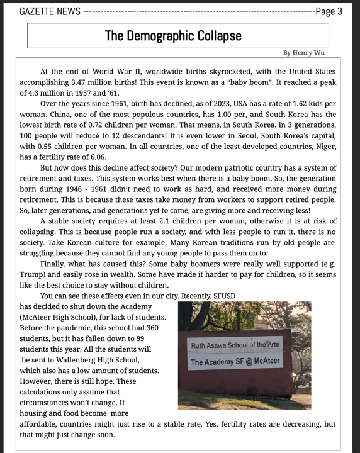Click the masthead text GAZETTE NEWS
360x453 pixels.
[x=50, y=11]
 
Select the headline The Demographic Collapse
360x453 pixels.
[x=173, y=36]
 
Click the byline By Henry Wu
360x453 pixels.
[x=304, y=53]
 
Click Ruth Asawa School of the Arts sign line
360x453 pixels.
[x=236, y=345]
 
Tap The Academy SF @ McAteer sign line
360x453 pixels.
[x=236, y=362]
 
